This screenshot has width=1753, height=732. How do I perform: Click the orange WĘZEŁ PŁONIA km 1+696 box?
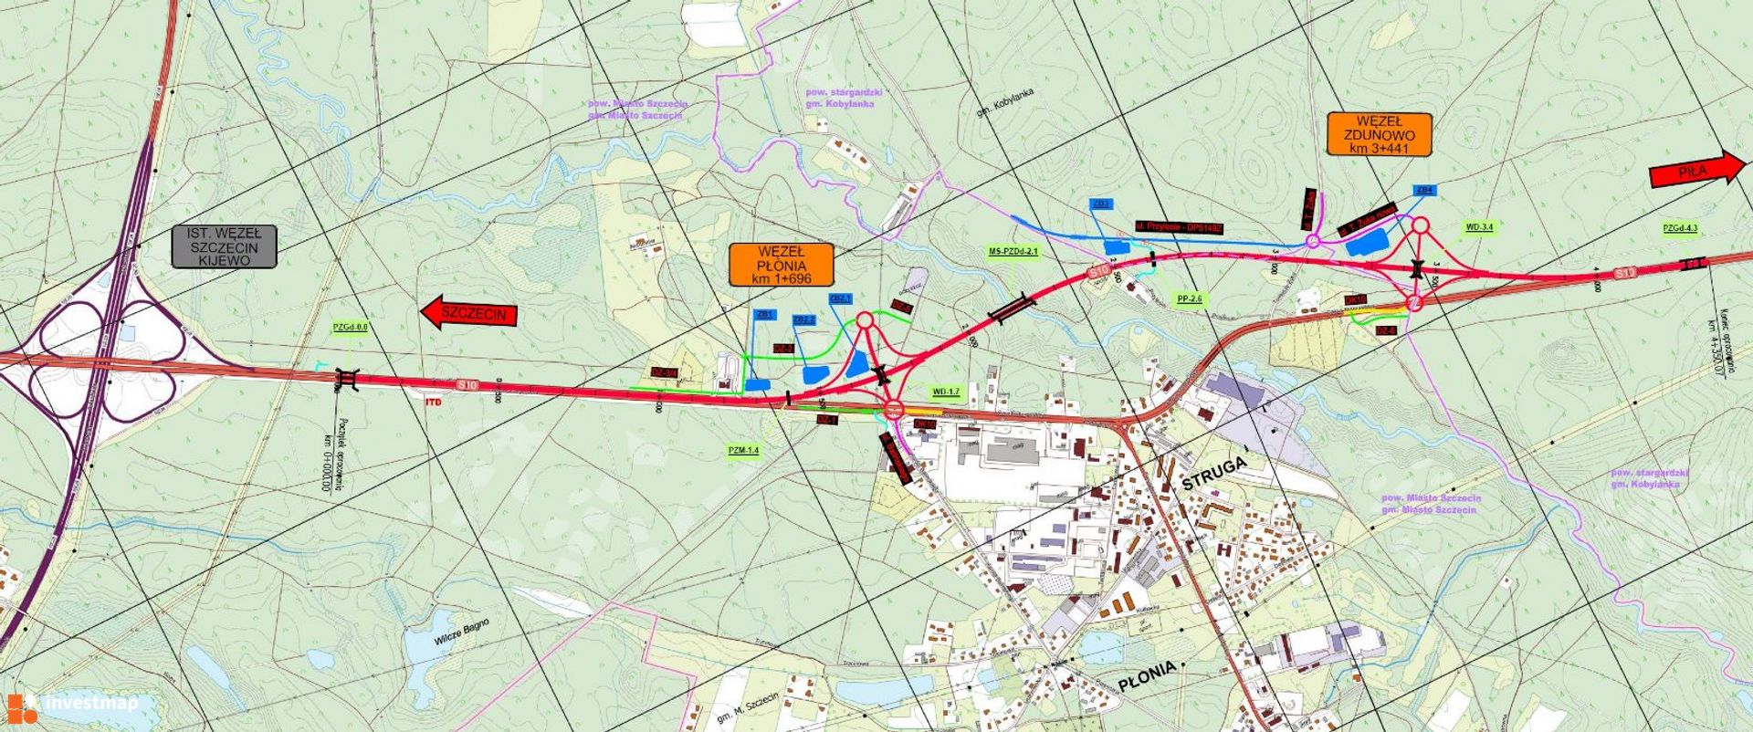[781, 265]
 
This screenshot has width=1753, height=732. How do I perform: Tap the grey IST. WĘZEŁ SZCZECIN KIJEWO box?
[224, 246]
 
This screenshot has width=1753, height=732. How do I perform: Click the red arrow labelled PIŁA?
[1696, 171]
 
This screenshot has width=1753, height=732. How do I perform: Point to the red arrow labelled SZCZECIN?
[468, 314]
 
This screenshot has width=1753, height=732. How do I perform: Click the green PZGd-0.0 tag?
[350, 326]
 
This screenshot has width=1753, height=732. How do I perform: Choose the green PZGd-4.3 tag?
[1679, 228]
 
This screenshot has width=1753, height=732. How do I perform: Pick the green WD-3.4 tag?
[1479, 226]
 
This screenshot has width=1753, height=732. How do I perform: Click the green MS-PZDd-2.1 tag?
[1013, 250]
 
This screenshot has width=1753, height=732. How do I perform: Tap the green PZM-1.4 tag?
[743, 450]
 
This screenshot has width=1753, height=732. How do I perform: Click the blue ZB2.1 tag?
[840, 298]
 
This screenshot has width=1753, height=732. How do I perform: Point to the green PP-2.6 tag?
[1190, 298]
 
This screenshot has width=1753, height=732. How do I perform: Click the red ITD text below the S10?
[436, 400]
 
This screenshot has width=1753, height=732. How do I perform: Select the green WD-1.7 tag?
[945, 392]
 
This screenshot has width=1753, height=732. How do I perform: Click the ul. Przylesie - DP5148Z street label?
[1177, 226]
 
